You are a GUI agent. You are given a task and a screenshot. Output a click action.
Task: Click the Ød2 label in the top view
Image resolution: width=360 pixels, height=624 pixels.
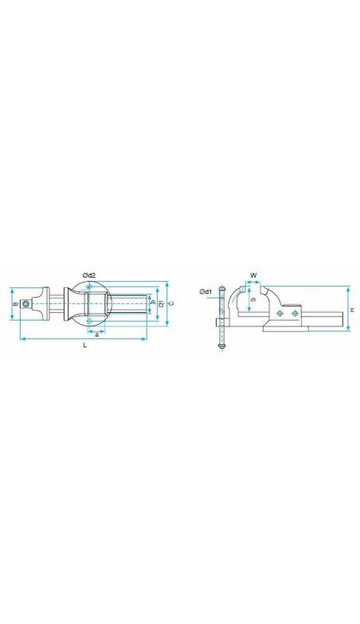[89, 275]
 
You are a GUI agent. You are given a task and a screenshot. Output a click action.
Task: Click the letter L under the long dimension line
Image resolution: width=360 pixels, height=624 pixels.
[84, 345]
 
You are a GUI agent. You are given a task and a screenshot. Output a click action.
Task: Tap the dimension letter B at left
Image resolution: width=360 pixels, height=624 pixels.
[15, 304]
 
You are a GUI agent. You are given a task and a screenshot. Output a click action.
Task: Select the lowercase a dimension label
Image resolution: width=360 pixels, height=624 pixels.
[96, 334]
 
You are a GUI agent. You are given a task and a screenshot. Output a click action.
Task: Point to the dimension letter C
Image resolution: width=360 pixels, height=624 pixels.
[172, 304]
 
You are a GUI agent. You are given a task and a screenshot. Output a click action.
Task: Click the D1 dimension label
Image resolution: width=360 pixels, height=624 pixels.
[162, 304]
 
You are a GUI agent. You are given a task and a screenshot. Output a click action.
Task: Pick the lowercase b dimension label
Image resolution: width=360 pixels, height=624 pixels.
[153, 304]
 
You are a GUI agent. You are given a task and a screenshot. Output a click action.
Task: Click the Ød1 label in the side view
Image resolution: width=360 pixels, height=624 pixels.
[205, 292]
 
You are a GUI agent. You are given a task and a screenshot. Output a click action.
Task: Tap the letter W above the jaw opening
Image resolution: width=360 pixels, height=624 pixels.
[253, 275]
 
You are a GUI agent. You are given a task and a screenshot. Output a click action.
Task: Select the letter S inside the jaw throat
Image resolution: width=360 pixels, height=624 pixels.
[253, 300]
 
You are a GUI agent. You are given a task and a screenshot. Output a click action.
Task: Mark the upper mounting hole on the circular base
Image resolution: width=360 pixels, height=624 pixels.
[89, 287]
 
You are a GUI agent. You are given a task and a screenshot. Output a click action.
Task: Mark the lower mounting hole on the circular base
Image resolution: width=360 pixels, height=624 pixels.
[90, 322]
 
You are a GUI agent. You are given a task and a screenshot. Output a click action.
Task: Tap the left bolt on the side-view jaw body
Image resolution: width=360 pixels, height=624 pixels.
[279, 314]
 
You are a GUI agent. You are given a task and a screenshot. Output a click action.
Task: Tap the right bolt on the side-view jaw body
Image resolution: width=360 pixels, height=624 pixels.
[295, 314]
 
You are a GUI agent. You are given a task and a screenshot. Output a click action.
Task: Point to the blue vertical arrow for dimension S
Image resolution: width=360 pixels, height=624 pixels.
[248, 300]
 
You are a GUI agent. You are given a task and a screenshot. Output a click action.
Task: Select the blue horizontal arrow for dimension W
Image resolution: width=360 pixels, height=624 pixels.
[254, 284]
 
